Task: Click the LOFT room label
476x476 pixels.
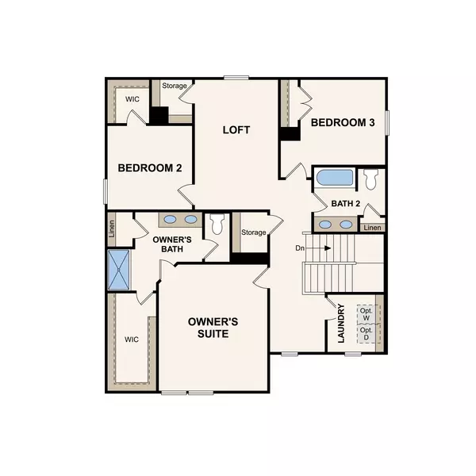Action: (236, 129)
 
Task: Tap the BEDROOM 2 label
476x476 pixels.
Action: (151, 168)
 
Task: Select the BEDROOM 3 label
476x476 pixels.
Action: (343, 123)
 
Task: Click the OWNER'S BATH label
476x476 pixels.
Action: (168, 244)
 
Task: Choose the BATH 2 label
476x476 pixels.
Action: (346, 203)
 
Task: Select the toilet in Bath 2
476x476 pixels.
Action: (371, 178)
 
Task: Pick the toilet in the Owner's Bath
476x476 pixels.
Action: (217, 224)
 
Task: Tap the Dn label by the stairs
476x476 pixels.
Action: (300, 248)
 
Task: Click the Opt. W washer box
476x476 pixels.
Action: (366, 315)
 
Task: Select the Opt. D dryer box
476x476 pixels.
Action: (366, 335)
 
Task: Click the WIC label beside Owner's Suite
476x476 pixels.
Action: (131, 340)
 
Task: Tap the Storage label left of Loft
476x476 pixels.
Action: (175, 86)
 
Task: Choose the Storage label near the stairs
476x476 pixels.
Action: (253, 232)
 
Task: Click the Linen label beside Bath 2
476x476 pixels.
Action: (372, 228)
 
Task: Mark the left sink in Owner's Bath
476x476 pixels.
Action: (171, 220)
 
